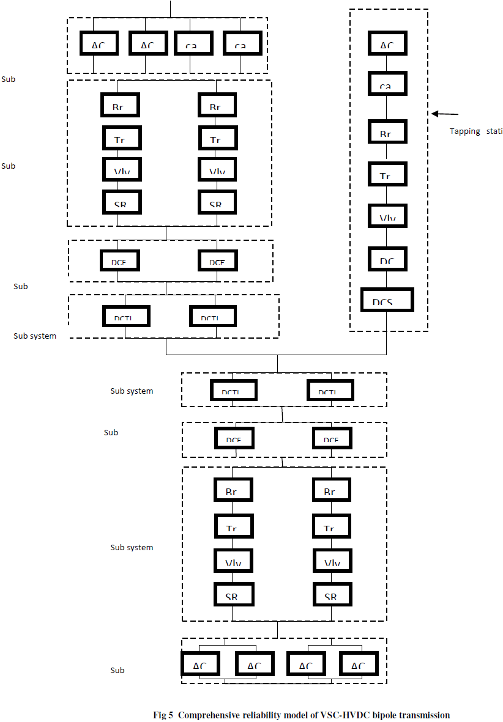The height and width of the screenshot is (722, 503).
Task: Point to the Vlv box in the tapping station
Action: (386, 216)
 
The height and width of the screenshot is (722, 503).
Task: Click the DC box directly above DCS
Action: (387, 259)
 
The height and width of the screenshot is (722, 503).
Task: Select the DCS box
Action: (387, 299)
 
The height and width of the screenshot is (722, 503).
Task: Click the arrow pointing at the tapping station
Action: (445, 114)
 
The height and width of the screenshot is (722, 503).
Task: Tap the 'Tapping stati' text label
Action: (476, 131)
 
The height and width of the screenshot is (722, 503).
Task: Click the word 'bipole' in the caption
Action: (384, 715)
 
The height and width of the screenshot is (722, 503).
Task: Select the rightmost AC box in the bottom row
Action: (358, 663)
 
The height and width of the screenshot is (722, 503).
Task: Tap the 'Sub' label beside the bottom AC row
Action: (117, 671)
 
